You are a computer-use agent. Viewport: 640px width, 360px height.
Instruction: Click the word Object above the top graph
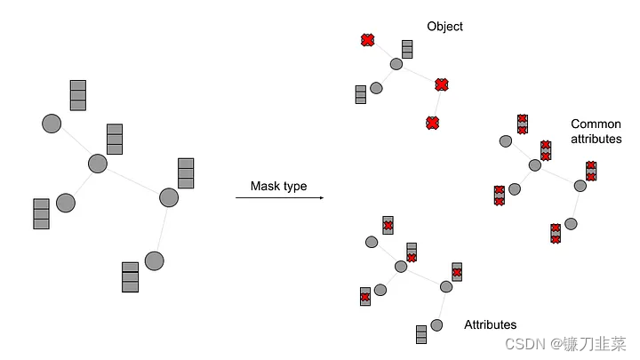[444, 27]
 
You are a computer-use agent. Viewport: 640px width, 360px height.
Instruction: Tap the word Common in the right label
[596, 124]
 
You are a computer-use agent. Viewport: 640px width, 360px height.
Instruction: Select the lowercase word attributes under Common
[596, 140]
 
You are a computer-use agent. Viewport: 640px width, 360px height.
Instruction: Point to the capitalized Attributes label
[490, 324]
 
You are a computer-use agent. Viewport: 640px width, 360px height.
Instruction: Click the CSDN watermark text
[524, 343]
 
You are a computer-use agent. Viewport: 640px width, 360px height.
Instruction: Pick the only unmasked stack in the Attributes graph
[421, 334]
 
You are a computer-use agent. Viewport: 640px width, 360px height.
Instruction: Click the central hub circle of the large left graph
[98, 164]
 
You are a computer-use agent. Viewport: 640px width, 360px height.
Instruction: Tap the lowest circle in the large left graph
[154, 260]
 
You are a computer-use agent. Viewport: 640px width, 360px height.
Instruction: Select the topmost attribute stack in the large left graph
[78, 95]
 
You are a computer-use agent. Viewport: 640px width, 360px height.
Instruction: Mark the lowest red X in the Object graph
[432, 123]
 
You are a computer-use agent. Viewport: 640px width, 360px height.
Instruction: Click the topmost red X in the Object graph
[367, 40]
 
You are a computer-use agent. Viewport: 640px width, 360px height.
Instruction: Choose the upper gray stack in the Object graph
[407, 49]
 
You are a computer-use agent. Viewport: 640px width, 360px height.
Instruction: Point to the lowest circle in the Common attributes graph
[571, 224]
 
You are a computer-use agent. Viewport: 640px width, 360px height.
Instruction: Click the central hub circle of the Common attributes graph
[535, 165]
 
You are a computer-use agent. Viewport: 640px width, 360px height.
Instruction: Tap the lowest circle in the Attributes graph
[436, 324]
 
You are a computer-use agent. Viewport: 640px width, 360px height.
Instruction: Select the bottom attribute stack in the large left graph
[130, 276]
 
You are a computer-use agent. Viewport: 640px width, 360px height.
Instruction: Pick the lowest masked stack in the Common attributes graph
[556, 233]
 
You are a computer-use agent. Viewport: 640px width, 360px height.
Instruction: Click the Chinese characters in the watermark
[596, 343]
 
